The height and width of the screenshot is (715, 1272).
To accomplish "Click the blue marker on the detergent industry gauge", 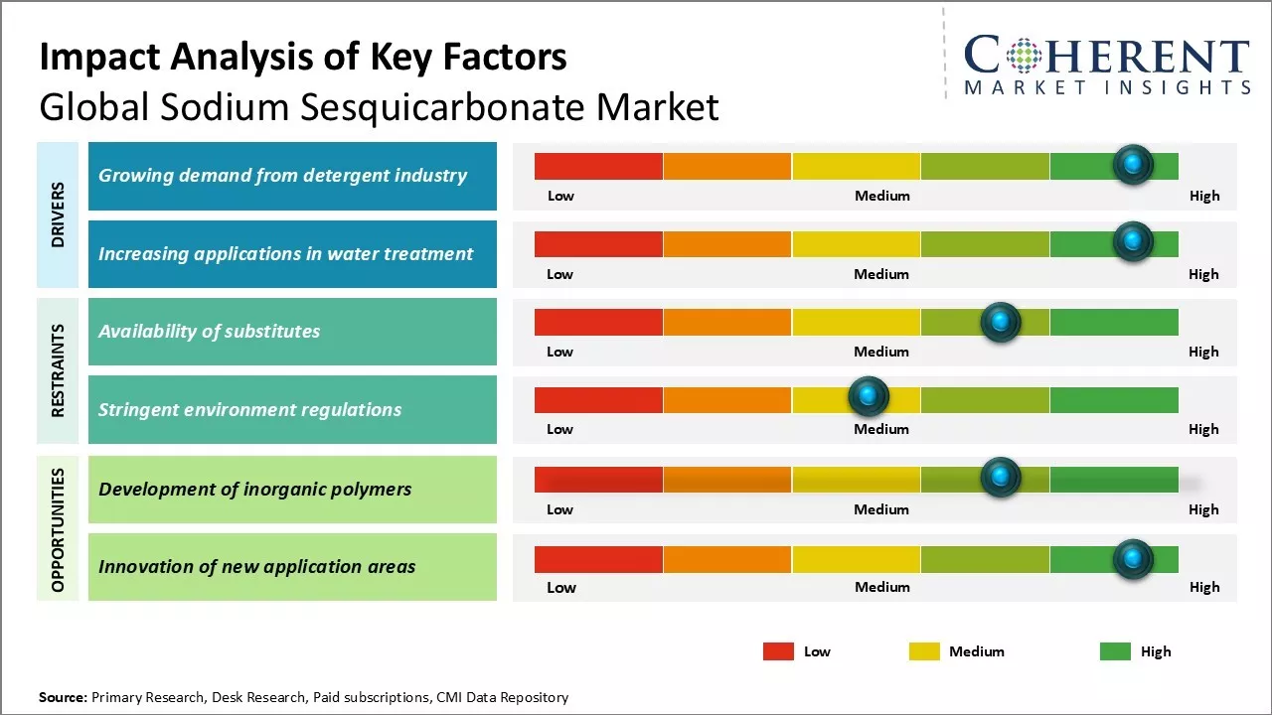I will (1132, 165).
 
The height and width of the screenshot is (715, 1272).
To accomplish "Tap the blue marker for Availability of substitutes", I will (1000, 322).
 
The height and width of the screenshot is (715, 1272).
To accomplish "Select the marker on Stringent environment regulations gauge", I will (869, 397).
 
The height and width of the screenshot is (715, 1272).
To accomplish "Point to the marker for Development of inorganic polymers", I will (1000, 478).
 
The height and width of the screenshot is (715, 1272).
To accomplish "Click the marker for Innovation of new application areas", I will (1132, 560).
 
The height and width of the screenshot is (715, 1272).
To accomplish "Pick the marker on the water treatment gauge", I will (1132, 241).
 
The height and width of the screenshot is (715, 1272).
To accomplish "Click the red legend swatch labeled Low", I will (778, 651).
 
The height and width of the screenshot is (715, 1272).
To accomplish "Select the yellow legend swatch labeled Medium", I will (924, 651).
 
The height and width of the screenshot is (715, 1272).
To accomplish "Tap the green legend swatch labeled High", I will (1115, 651).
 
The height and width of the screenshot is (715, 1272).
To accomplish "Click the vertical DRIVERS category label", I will (58, 214).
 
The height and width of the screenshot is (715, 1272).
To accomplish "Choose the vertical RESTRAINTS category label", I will (58, 369).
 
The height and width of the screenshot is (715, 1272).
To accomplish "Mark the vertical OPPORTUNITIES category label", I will (58, 530).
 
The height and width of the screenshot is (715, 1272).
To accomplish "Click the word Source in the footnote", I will (63, 697).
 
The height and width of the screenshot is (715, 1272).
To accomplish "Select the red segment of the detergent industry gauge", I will (598, 166).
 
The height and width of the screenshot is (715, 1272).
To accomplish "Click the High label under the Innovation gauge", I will (1203, 587).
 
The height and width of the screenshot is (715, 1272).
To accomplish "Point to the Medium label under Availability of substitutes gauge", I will (880, 352).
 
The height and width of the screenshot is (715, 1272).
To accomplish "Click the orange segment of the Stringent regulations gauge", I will (726, 400).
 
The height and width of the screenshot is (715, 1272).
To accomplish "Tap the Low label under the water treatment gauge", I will (559, 274).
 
